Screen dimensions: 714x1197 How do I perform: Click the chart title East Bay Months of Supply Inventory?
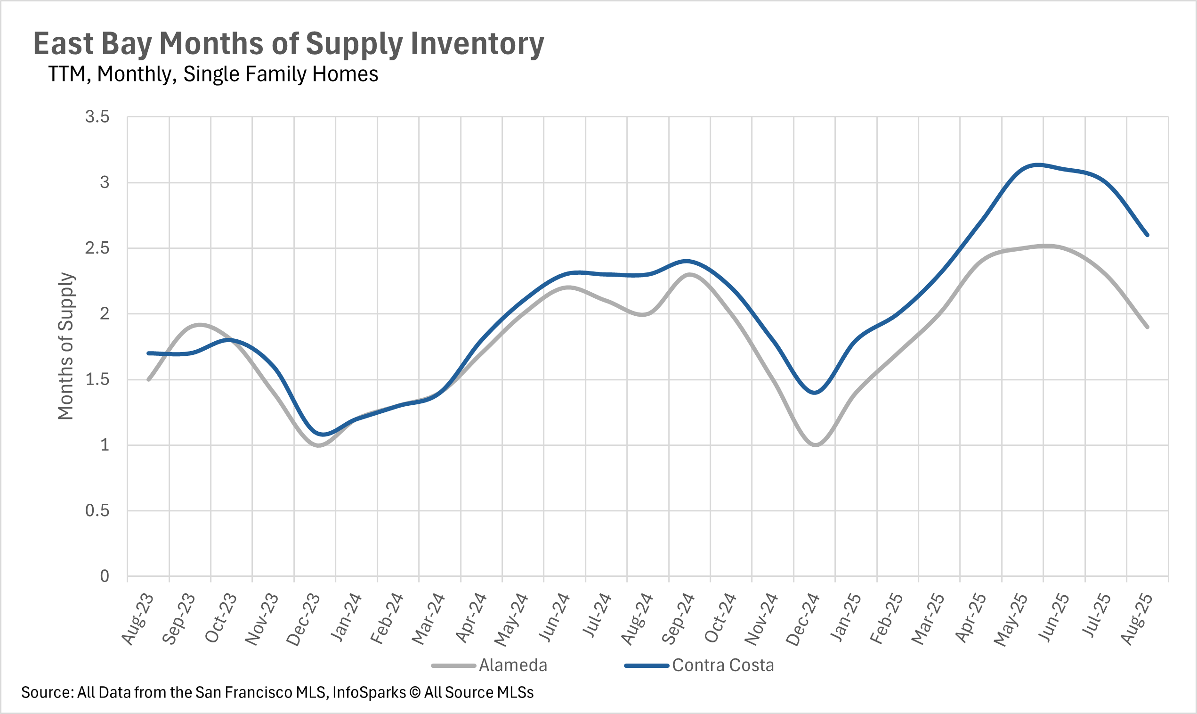coord(289,44)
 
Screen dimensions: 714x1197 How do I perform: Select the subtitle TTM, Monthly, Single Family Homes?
coord(213,74)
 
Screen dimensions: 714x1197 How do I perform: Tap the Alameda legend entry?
coord(512,665)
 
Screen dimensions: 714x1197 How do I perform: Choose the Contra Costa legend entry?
coord(722,665)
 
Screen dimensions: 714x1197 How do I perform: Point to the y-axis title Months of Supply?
coord(65,346)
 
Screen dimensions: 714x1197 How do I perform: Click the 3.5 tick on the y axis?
coord(97,117)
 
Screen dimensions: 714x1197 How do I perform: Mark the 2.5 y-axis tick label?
coord(97,248)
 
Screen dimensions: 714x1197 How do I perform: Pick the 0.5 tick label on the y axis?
coord(97,510)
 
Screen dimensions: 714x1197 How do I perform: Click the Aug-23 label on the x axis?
coord(138,619)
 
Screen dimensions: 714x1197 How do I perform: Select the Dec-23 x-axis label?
coord(304,619)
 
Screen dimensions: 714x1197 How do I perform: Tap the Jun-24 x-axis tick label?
coord(554,619)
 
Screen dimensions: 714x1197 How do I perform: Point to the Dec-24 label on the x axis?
coord(803,619)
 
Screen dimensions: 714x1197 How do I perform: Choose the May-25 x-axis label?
coord(1011,620)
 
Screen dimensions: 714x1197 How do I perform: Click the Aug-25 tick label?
coord(1137,619)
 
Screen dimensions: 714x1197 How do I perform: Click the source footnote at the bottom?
coord(277,692)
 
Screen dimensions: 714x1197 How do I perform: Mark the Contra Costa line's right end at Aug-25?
coord(1148,235)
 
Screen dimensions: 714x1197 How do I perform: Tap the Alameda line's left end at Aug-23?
coord(148,379)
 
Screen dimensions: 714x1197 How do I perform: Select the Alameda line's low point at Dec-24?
coord(816,445)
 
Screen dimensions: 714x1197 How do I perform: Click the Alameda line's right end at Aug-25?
coord(1148,327)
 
